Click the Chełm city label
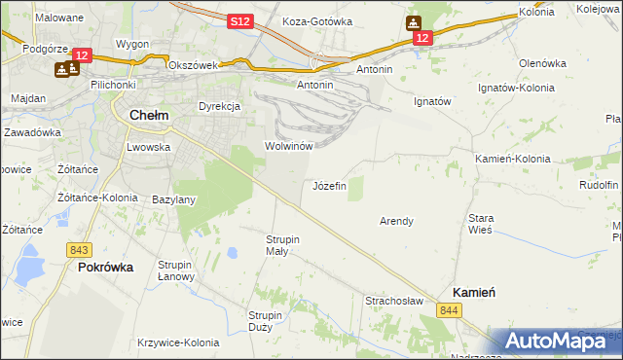(x=149, y=115)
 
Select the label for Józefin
(x=329, y=185)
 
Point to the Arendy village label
(x=395, y=221)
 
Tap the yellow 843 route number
(x=80, y=250)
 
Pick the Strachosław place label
(x=394, y=301)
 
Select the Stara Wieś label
(x=482, y=225)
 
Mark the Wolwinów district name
(x=287, y=146)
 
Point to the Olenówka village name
(x=542, y=63)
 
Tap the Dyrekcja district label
(x=219, y=105)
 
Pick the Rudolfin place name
(x=599, y=184)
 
